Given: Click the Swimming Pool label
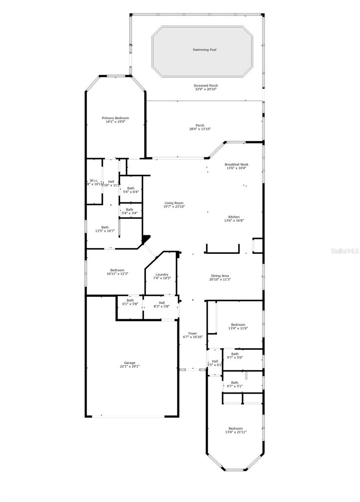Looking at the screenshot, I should pyautogui.click(x=204, y=50).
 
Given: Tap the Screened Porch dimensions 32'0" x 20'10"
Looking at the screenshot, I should pyautogui.click(x=206, y=89).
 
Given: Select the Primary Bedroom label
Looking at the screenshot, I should pyautogui.click(x=115, y=118).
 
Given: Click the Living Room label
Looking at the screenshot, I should pyautogui.click(x=174, y=203).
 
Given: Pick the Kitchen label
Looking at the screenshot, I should pyautogui.click(x=234, y=217).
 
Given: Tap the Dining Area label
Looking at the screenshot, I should pyautogui.click(x=220, y=276).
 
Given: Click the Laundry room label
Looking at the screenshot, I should pyautogui.click(x=162, y=274).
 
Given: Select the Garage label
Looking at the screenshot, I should pyautogui.click(x=129, y=363).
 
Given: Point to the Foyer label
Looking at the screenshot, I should pyautogui.click(x=193, y=333).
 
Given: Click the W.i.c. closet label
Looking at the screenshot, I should pyautogui.click(x=94, y=181).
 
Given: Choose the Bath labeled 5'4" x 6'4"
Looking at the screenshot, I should pyautogui.click(x=131, y=188).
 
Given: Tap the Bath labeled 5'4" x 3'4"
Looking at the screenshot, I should pyautogui.click(x=129, y=210).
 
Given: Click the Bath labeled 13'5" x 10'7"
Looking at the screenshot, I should pyautogui.click(x=105, y=227).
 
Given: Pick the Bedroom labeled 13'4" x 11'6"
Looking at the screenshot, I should pyautogui.click(x=238, y=325).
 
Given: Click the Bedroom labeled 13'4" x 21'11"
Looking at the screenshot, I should pyautogui.click(x=235, y=428).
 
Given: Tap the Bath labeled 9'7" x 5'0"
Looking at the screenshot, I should pyautogui.click(x=234, y=354).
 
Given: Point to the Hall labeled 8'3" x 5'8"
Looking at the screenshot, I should pyautogui.click(x=162, y=303).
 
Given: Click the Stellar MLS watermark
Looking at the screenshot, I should pyautogui.click(x=344, y=251).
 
